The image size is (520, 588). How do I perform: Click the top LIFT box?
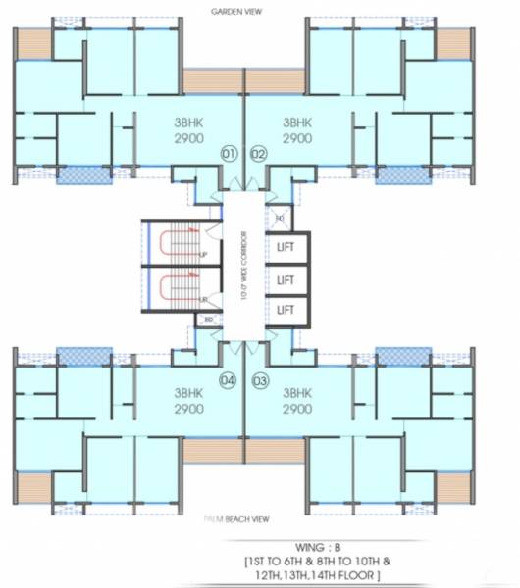point(286,247)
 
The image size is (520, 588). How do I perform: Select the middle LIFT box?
point(286,279)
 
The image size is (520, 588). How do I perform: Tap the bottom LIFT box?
point(286,310)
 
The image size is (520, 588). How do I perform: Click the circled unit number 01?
point(229,154)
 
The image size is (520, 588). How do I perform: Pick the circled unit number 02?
point(259,154)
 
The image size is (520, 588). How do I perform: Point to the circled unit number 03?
point(260,381)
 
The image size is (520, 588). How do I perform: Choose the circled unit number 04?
point(229,381)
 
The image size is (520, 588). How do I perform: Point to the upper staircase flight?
point(175,242)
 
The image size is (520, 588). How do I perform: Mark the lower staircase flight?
point(175,290)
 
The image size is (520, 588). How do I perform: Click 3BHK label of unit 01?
point(188,123)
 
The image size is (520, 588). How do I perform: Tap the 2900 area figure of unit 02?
point(296,139)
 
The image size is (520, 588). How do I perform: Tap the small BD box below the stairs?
point(208,320)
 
